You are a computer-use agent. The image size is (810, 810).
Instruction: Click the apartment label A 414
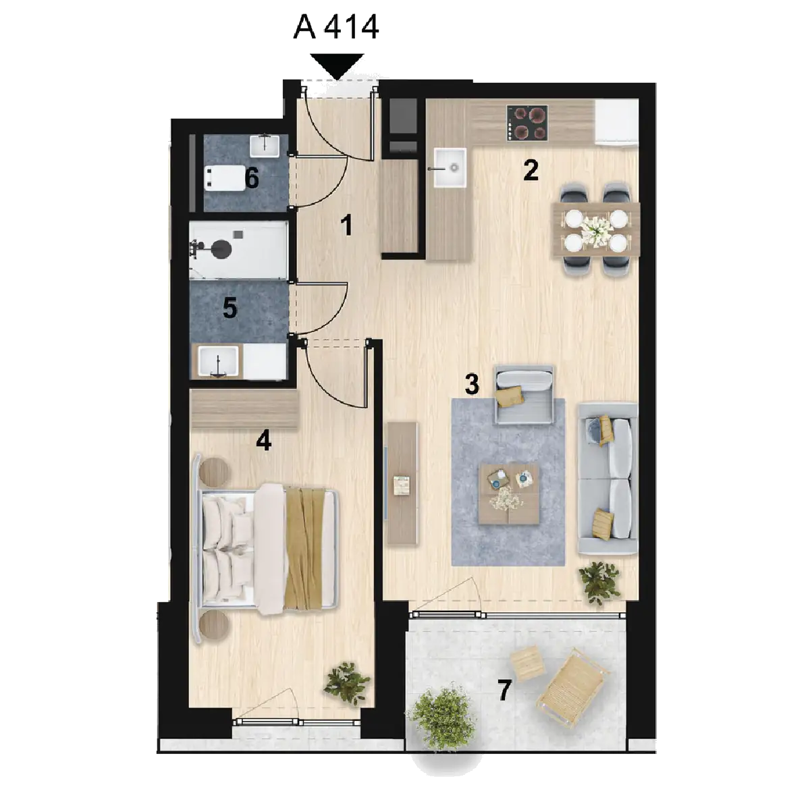pyautogui.click(x=336, y=27)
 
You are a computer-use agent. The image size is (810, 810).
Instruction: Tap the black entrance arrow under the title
pyautogui.click(x=337, y=66)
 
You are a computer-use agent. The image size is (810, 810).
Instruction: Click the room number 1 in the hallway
pyautogui.click(x=346, y=225)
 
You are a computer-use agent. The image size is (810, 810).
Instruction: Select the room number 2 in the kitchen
pyautogui.click(x=531, y=170)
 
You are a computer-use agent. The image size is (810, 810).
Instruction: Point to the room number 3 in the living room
pyautogui.click(x=472, y=384)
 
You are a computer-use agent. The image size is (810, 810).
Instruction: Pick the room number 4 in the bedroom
pyautogui.click(x=263, y=441)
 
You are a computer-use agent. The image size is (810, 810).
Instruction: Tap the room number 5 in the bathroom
pyautogui.click(x=230, y=308)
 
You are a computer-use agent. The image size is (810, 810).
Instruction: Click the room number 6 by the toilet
pyautogui.click(x=251, y=178)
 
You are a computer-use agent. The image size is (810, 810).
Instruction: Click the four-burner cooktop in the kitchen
pyautogui.click(x=528, y=123)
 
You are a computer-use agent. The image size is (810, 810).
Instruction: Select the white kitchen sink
pyautogui.click(x=450, y=167)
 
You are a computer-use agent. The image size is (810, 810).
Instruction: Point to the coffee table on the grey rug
pyautogui.click(x=509, y=493)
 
